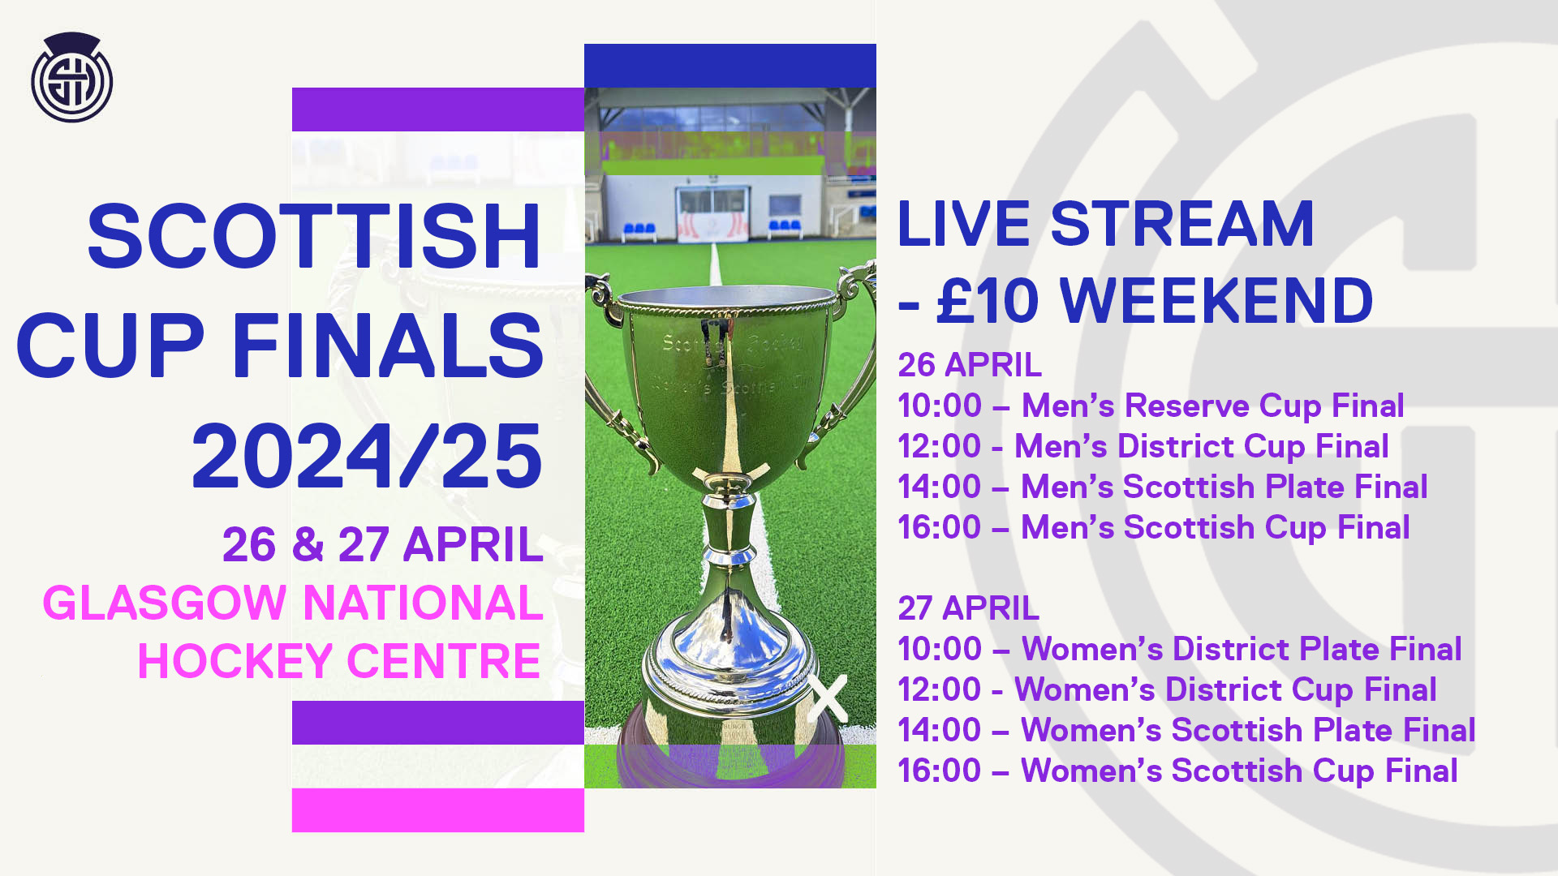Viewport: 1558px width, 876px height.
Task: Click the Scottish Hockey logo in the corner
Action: pos(71,77)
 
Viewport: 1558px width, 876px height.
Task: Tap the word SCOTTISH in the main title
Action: pos(315,237)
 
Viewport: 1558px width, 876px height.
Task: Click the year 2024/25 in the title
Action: pos(367,456)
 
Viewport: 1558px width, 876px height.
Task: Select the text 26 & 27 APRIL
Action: pos(382,544)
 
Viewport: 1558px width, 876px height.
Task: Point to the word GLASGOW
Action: pos(165,603)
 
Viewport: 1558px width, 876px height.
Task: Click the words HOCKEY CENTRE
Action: pos(339,661)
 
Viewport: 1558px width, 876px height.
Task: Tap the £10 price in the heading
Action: pos(988,301)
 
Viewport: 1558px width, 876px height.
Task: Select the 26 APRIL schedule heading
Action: pos(970,365)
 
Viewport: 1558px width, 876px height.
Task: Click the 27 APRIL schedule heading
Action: pos(968,608)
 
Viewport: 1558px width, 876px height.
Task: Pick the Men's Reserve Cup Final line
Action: pos(1151,406)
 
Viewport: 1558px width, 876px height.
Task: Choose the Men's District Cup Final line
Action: pos(1143,446)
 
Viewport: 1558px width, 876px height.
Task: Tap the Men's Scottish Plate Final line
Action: pos(1163,487)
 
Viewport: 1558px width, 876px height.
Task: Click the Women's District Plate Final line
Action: pos(1180,649)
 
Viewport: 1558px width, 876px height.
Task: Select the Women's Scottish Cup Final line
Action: pos(1177,771)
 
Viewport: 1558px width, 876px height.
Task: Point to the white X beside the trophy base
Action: pos(827,698)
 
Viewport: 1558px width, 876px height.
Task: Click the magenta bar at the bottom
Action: pos(438,809)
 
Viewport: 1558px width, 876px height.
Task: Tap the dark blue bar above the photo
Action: pos(730,66)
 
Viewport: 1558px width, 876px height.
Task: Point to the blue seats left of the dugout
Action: pos(639,230)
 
